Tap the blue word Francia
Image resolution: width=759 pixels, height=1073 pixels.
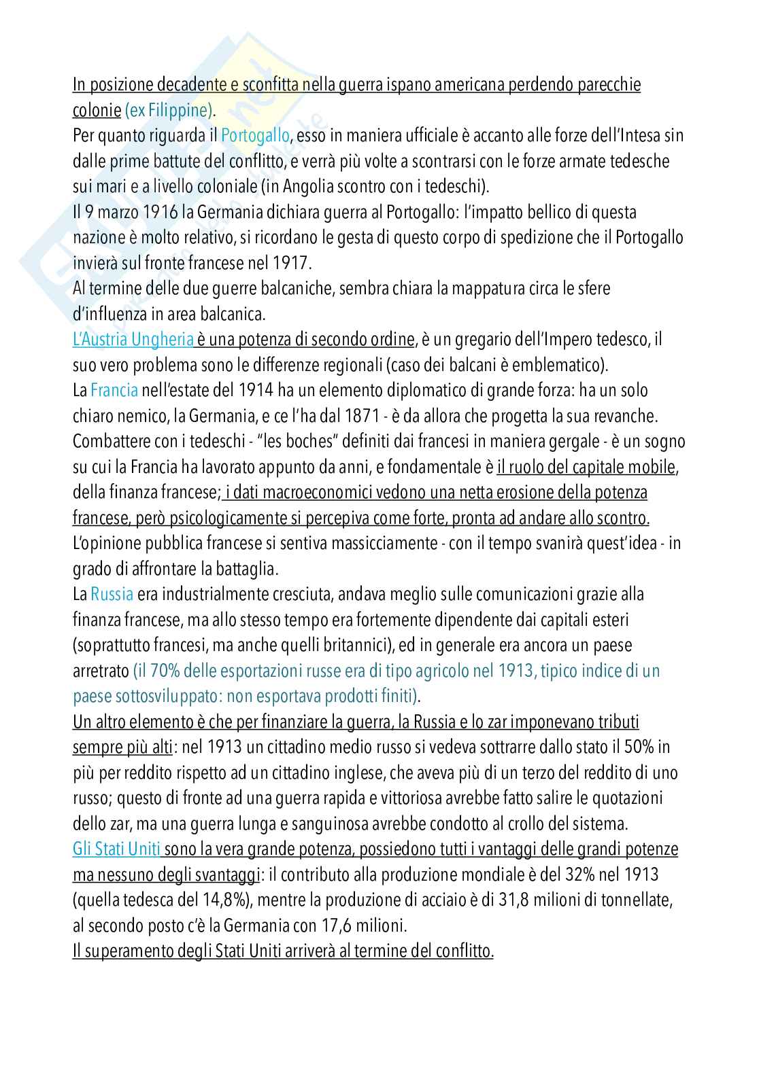pos(114,390)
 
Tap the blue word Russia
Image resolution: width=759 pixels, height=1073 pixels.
pos(112,594)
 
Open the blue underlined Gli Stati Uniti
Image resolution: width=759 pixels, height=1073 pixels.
pos(117,849)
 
